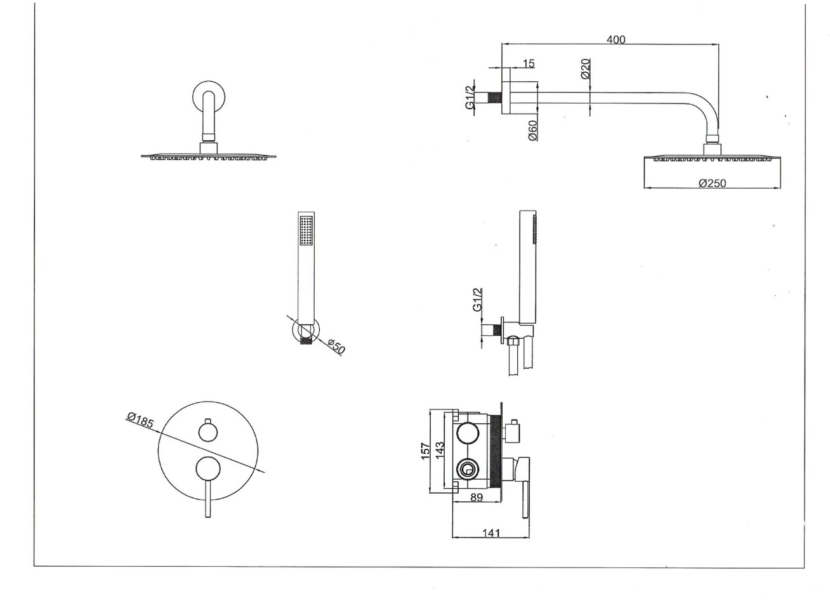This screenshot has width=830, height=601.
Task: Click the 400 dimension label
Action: coord(616,39)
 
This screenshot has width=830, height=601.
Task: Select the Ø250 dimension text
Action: coord(712,183)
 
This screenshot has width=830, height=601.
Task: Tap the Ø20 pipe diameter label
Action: coord(586,69)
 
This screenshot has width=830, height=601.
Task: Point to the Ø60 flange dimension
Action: coord(532,130)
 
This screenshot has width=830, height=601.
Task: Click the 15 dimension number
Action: coord(529,63)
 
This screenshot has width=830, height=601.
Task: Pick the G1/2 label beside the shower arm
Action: coord(470,98)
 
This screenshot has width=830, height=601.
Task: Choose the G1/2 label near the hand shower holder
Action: coord(478,300)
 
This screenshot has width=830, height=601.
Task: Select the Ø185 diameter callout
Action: coord(140,420)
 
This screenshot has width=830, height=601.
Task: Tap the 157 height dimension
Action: coord(426,451)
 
